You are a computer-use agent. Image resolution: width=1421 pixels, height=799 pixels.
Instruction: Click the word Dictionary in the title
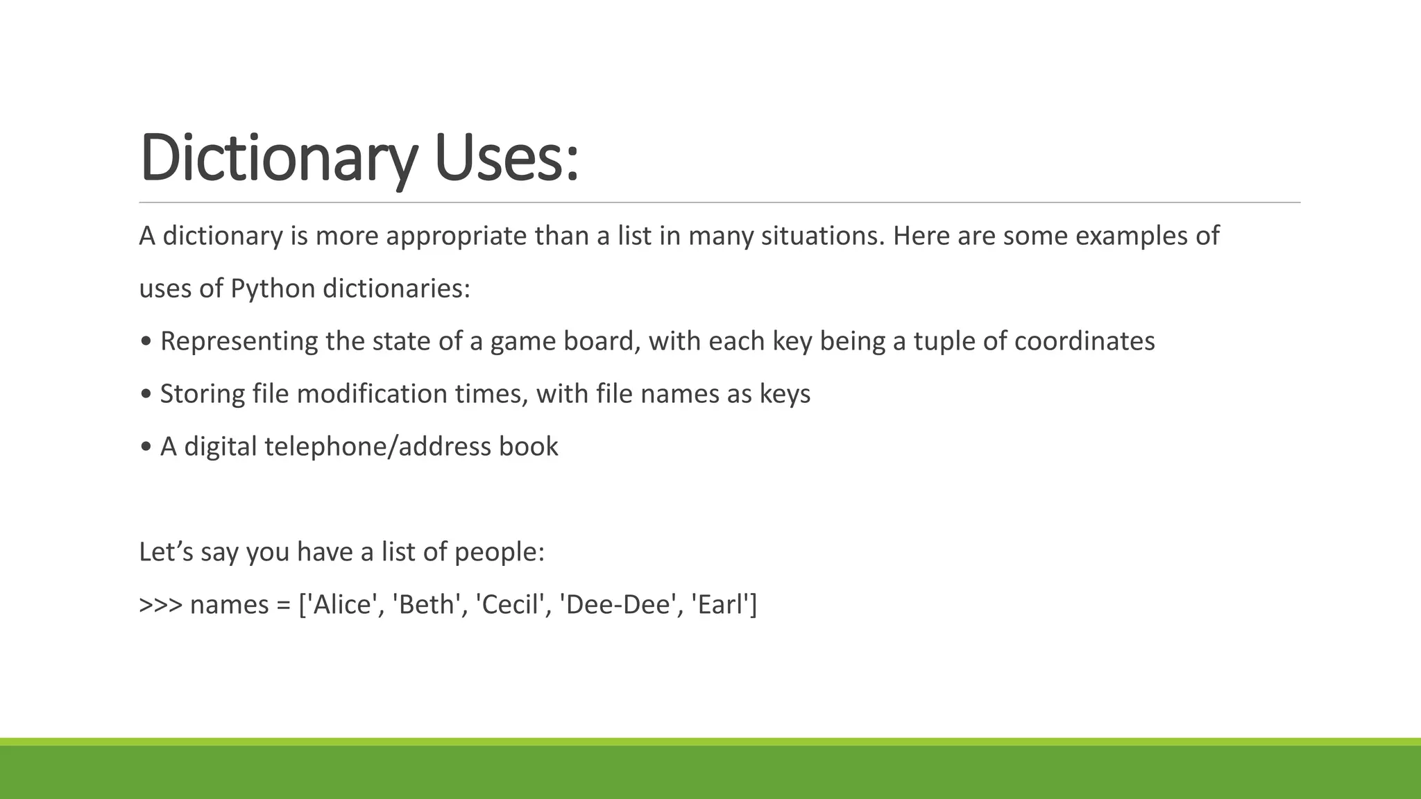coord(278,158)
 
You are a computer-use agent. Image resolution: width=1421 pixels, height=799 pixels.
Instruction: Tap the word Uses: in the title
coord(506,158)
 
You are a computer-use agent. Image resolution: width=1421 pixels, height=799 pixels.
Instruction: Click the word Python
coord(273,289)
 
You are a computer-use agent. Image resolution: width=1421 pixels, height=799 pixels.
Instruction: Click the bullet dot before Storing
coord(146,394)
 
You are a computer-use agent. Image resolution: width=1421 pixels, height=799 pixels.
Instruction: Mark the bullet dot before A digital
coord(146,447)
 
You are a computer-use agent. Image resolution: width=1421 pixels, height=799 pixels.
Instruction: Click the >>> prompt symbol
coord(160,605)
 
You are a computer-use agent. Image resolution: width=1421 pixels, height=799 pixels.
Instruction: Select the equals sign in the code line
coord(283,605)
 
